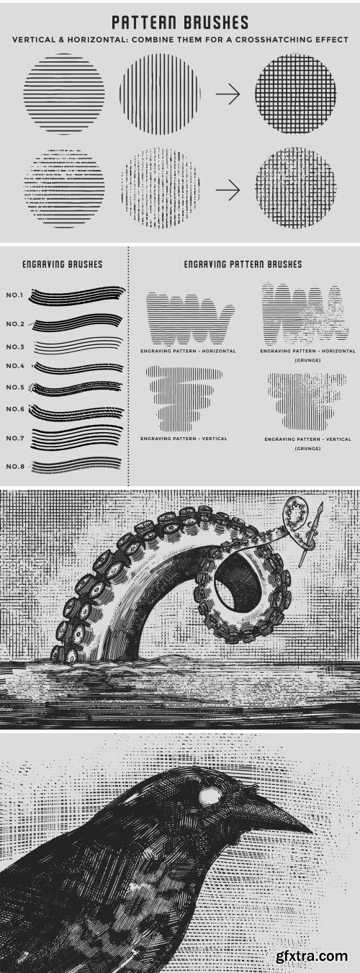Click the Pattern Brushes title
(x=180, y=22)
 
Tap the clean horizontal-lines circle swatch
(x=64, y=94)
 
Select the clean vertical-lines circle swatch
(x=161, y=94)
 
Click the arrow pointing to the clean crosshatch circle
(x=228, y=94)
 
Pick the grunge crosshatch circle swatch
(x=296, y=188)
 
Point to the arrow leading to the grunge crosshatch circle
(x=228, y=189)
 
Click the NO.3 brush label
(x=15, y=346)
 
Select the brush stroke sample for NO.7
(x=76, y=439)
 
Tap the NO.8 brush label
(x=15, y=467)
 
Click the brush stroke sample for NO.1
(x=77, y=295)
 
